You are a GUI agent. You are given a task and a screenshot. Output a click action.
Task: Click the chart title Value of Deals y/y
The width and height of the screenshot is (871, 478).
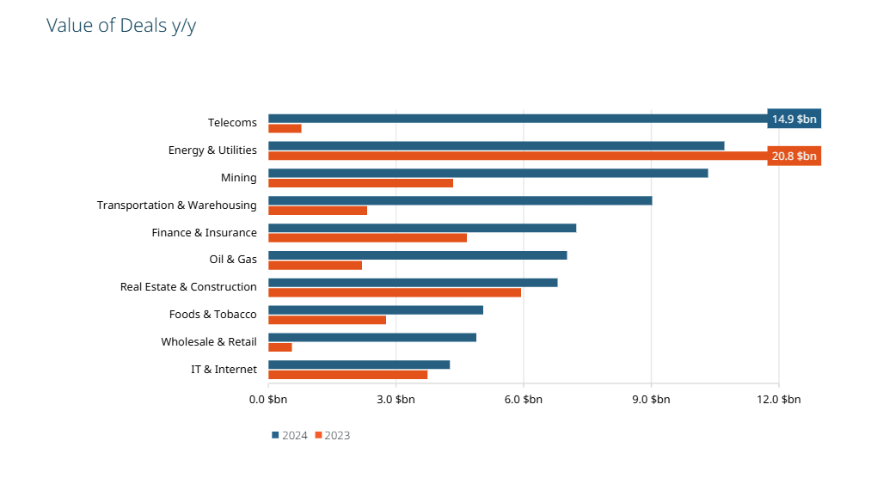click(x=120, y=26)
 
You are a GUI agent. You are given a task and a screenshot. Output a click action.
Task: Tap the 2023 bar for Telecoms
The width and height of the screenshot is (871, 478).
click(x=285, y=129)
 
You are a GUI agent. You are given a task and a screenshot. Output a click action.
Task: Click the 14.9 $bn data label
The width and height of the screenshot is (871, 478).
click(x=794, y=119)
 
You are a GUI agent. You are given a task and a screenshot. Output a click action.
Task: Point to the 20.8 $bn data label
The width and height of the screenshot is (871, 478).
click(x=794, y=156)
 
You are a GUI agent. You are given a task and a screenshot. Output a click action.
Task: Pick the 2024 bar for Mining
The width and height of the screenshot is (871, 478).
click(x=488, y=173)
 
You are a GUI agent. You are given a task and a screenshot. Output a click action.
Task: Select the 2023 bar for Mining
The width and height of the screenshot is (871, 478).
click(x=360, y=183)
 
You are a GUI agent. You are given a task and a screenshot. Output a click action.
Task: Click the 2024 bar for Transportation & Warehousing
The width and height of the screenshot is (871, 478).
click(x=460, y=200)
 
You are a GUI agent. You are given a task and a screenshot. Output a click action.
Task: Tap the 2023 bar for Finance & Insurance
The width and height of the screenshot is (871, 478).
click(x=367, y=238)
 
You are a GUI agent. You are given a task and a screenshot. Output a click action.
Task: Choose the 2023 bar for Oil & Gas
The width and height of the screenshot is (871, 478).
click(x=315, y=266)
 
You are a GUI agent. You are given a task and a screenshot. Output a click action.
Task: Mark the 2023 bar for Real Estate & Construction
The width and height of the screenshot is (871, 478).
click(x=395, y=292)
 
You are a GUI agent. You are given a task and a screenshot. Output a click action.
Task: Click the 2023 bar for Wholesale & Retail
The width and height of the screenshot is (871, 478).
click(x=280, y=347)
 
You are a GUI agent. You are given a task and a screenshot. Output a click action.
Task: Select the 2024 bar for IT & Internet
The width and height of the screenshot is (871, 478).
click(x=359, y=365)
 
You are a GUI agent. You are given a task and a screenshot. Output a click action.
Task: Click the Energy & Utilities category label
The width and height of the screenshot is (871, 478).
click(x=212, y=150)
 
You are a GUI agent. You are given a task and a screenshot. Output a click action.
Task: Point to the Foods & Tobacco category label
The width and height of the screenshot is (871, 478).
click(x=213, y=315)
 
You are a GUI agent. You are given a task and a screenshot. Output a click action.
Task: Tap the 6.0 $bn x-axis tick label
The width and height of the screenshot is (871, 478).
click(x=523, y=400)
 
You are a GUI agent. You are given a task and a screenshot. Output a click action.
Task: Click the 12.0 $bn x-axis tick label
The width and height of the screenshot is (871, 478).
click(x=778, y=400)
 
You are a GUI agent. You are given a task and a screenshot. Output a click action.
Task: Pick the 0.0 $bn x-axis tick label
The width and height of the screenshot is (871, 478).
click(x=267, y=400)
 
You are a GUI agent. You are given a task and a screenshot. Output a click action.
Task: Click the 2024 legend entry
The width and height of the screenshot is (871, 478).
click(x=290, y=435)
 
